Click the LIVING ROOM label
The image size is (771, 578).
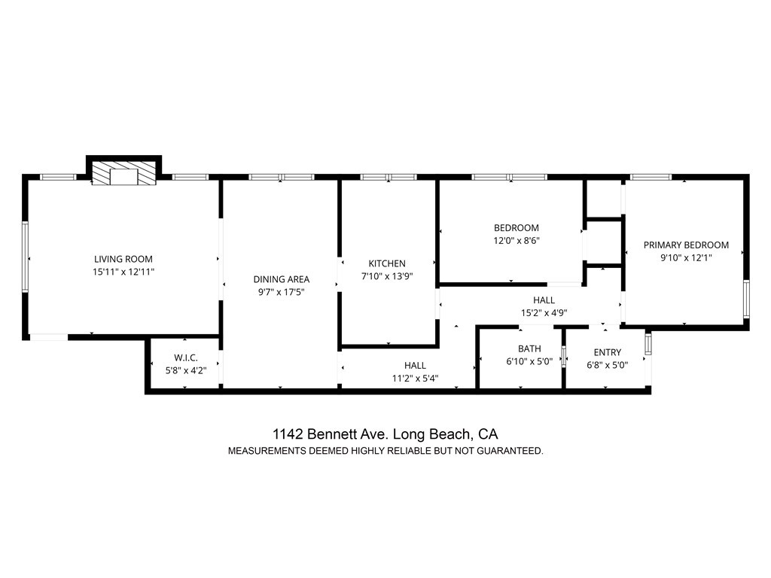[123, 258]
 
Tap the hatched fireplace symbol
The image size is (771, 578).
[124, 176]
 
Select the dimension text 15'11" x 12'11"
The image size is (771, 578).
[123, 271]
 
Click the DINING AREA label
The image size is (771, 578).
[281, 279]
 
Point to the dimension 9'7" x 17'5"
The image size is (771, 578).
[281, 292]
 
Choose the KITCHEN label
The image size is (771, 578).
[387, 263]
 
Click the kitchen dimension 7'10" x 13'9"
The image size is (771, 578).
[387, 276]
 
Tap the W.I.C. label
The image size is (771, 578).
[185, 357]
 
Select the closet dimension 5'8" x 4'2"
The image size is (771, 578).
[185, 370]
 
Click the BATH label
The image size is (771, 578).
[529, 349]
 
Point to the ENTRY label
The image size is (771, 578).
[608, 352]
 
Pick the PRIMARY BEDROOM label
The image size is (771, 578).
[686, 245]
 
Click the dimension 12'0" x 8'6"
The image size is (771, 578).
[517, 241]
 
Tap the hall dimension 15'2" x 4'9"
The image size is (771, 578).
[544, 312]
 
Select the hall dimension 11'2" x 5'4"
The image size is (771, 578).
[415, 378]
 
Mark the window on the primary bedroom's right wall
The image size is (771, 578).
[746, 300]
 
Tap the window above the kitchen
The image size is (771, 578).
[388, 178]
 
